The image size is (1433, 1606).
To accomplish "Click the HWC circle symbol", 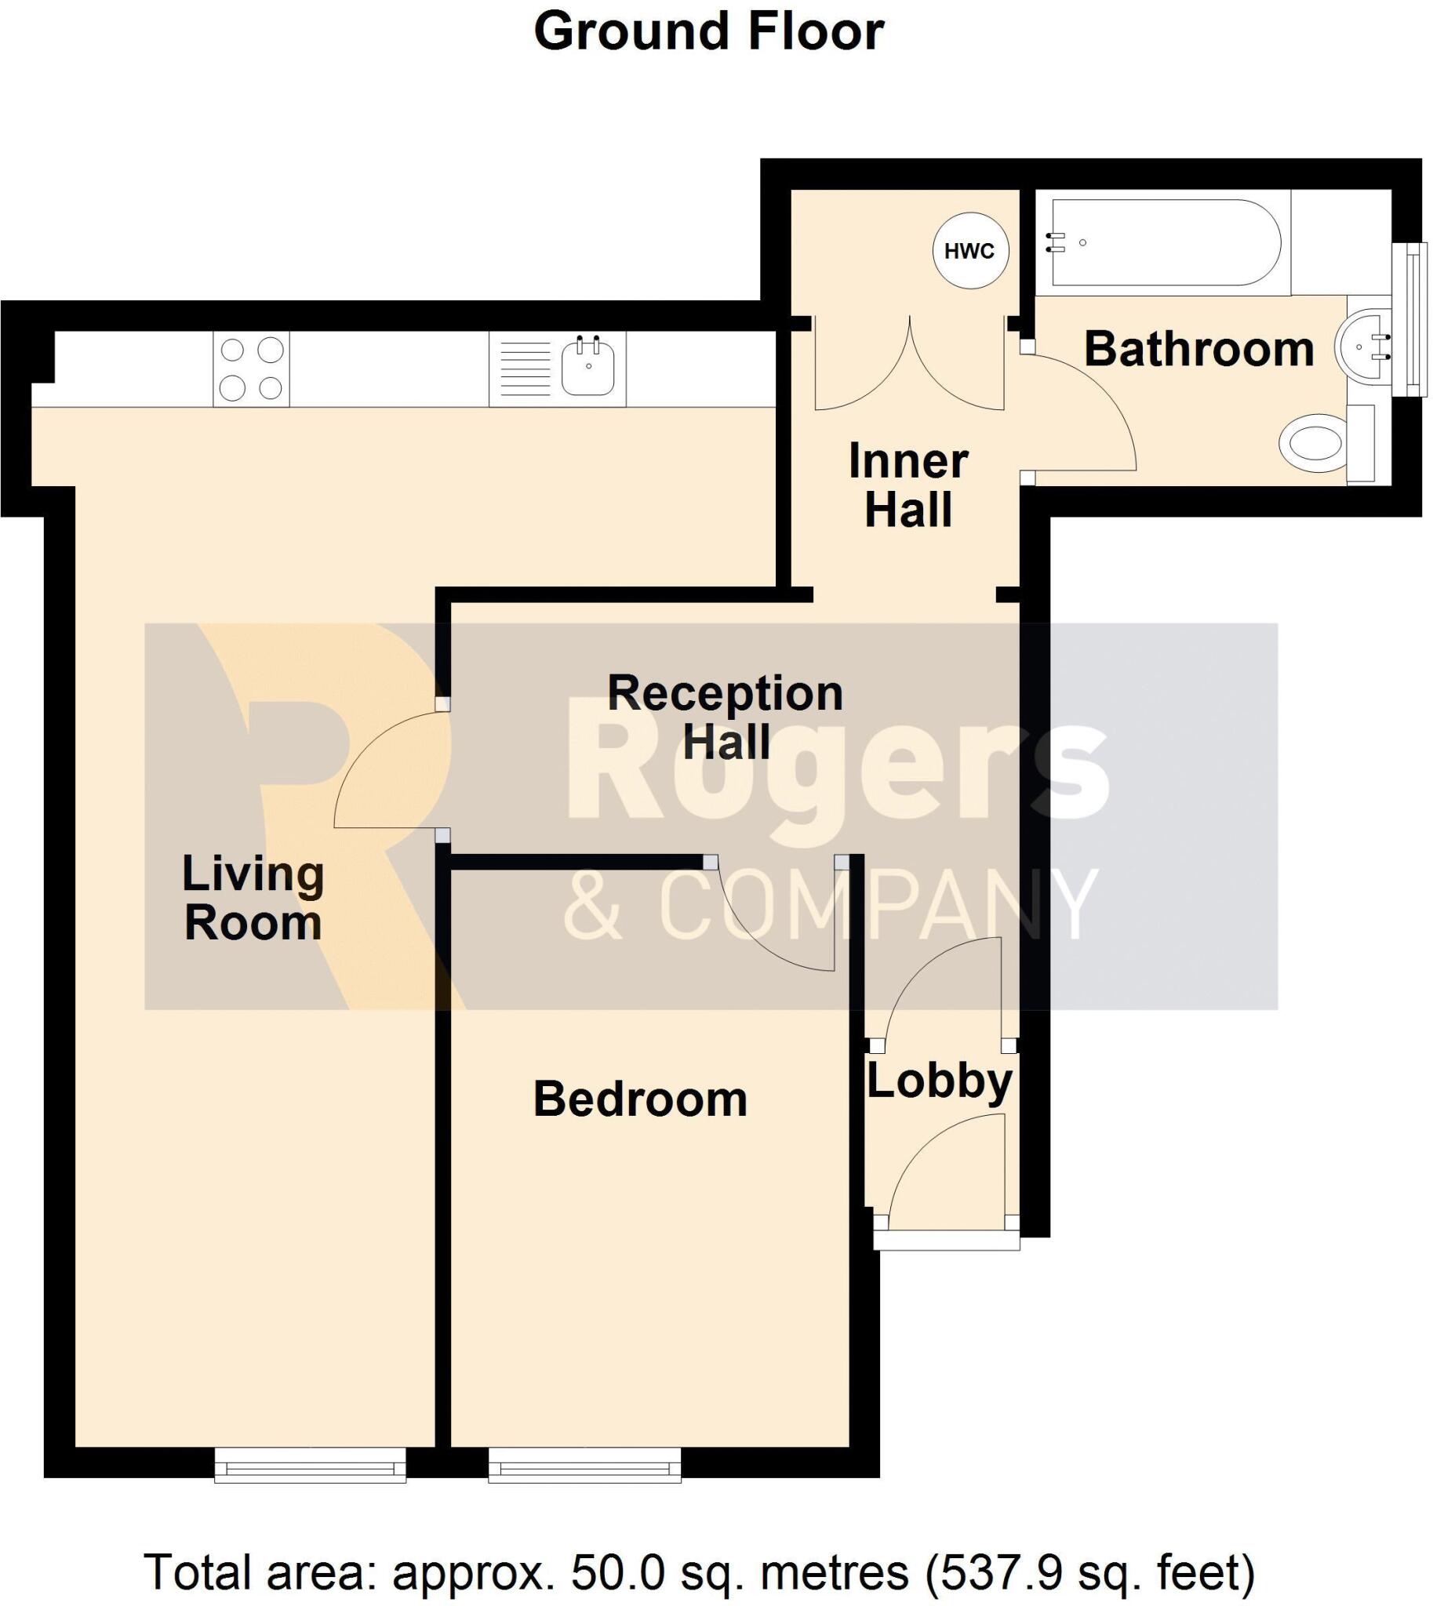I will (970, 251).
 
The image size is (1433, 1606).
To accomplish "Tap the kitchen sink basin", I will (587, 369).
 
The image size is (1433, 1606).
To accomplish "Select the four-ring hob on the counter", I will (251, 369).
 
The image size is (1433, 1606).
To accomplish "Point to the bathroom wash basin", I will (1362, 347).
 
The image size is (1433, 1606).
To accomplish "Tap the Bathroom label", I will (1198, 350).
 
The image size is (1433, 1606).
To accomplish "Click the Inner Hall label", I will (907, 485).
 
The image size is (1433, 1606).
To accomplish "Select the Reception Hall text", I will (726, 717).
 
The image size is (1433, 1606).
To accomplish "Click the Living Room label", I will (253, 897).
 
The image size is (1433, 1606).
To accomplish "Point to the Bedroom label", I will (640, 1099).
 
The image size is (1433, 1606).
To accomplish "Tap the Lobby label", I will (940, 1081).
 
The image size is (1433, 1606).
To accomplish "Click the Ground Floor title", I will (708, 32).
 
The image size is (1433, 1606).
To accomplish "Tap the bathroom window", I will (1409, 320).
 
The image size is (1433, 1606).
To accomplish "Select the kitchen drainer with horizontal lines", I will (526, 369).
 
